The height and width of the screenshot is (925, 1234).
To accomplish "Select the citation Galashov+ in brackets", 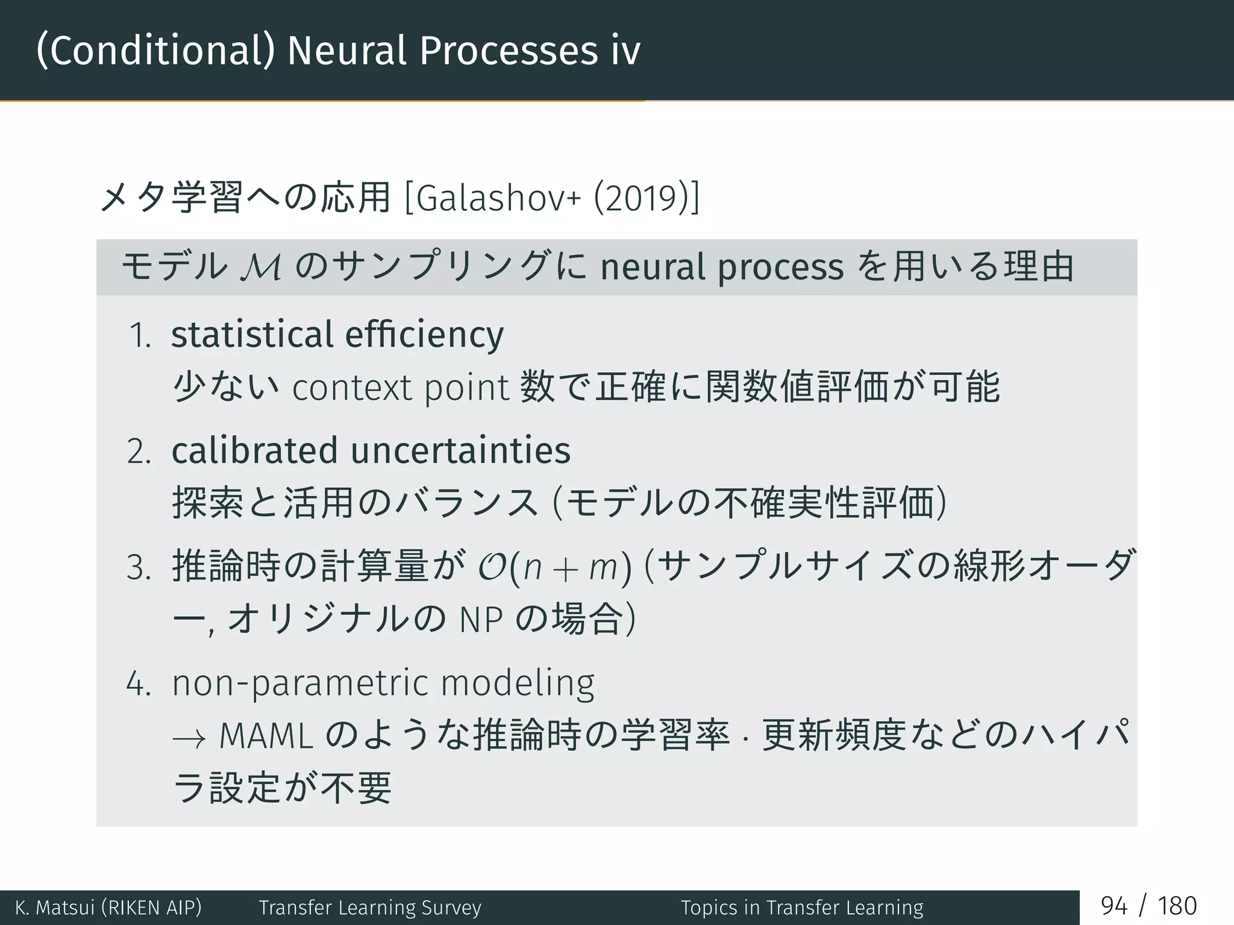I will click(x=498, y=198).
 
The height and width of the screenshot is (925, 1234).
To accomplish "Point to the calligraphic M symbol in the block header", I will click(x=260, y=267).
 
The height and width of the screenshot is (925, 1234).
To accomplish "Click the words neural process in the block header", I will click(x=721, y=267).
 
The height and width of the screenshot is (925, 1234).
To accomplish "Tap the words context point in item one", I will click(x=401, y=387).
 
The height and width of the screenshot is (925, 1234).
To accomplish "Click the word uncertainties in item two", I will click(x=460, y=450).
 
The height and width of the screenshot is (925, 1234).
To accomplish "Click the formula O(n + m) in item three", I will click(x=554, y=567).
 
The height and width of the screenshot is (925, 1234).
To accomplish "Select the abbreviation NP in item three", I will click(x=480, y=620).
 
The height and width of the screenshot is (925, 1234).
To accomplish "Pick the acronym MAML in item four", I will click(x=266, y=736).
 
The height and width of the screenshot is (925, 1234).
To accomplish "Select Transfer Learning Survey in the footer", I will click(x=370, y=908).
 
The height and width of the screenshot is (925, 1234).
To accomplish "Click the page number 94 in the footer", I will click(x=1113, y=906).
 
